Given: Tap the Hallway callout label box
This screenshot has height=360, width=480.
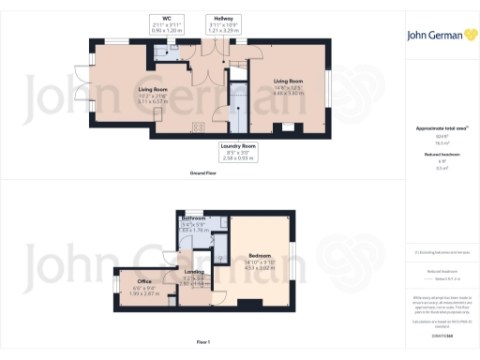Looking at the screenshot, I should [x=222, y=22].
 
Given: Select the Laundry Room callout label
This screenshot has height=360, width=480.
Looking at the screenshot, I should [x=238, y=151].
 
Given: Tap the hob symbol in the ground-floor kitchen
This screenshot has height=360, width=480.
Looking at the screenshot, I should [x=198, y=127].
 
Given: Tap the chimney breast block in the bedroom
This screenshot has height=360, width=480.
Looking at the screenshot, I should [x=250, y=301].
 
